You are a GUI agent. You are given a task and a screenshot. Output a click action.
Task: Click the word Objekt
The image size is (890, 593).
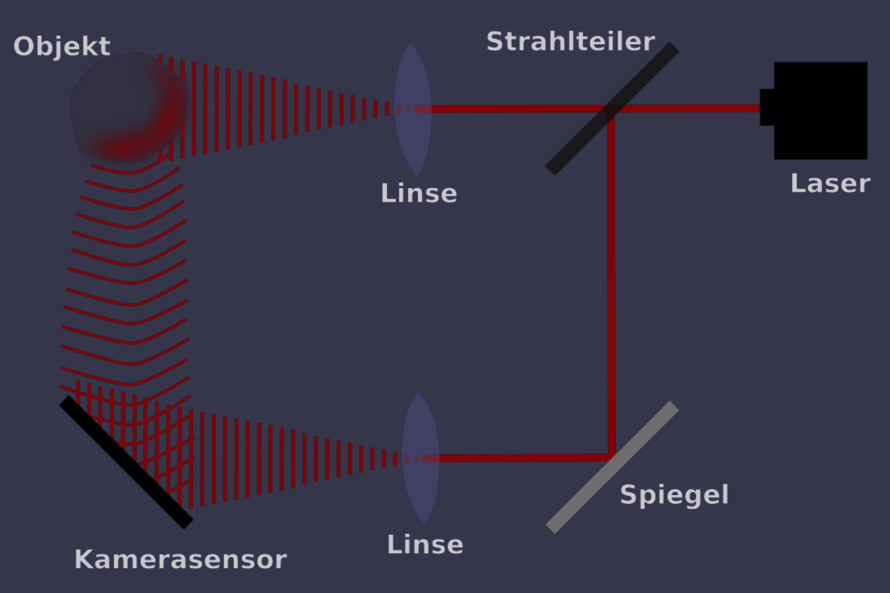pos(61,47)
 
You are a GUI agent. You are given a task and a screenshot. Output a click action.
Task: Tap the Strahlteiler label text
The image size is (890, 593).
pos(570,42)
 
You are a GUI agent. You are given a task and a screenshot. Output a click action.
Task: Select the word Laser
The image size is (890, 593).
pos(830,183)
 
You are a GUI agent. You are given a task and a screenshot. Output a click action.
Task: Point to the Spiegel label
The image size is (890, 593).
pos(674,495)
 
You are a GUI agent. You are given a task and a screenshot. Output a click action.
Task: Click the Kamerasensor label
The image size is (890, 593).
pos(180,560)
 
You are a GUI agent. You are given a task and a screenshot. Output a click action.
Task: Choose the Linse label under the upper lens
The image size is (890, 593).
pos(418,193)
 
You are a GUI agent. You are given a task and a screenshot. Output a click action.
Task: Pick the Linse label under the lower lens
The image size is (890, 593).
pos(425,545)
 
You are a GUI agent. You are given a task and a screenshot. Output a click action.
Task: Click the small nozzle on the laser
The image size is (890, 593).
pos(766,108)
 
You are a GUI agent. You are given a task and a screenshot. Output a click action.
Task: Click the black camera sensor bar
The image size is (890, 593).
pos(126,462)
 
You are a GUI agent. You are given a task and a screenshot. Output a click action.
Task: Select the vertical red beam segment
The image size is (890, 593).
pos(611,286)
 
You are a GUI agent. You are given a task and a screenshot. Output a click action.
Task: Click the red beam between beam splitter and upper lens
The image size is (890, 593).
pos(511,109)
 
